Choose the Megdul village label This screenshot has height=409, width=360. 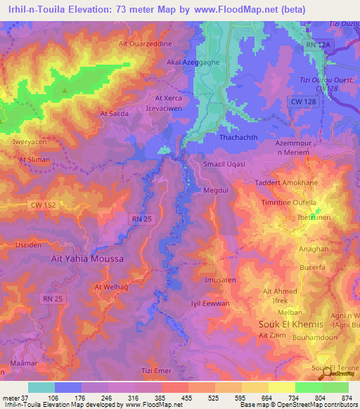pyautogui.click(x=217, y=190)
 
